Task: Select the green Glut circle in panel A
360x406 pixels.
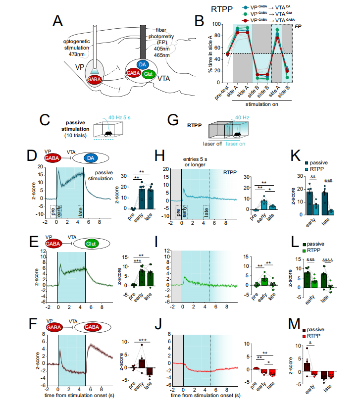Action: coord(149,74)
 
